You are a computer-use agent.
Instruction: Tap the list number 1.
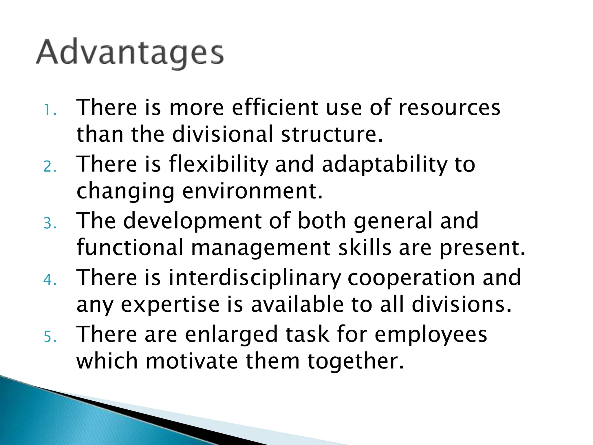pos(50,110)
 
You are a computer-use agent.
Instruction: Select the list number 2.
pos(50,167)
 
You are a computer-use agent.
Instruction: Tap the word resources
pos(449,107)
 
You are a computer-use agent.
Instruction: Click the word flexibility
pos(219,165)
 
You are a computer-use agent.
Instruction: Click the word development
pos(192,221)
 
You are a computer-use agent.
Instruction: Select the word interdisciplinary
pos(255,278)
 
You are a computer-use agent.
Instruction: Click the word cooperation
pos(411,278)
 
